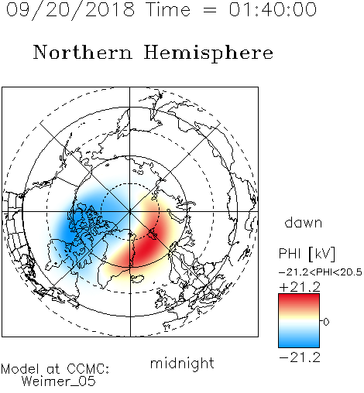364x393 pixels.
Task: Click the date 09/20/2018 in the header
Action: click(70, 10)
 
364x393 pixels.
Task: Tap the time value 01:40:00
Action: click(273, 10)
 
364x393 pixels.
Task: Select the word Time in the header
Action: click(168, 10)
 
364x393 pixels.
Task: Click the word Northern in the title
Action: click(83, 52)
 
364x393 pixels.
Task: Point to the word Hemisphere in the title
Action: click(208, 53)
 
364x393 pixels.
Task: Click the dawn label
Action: click(304, 222)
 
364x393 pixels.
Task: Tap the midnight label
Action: click(182, 364)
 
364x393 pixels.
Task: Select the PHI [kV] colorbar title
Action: click(307, 254)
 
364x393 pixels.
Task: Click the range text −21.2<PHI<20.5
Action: click(321, 272)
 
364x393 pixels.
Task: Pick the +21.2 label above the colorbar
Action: click(300, 287)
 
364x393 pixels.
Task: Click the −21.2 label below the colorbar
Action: click(300, 357)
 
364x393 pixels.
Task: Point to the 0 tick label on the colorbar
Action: click(326, 322)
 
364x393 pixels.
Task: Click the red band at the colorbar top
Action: click(299, 299)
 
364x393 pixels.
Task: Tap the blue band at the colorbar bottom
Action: click(299, 342)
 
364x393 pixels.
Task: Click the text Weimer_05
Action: click(59, 381)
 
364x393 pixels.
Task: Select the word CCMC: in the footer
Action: click(88, 369)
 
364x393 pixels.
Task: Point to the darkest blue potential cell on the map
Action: click(67, 231)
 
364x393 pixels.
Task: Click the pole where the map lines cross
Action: click(130, 211)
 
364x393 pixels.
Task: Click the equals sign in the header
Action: click(210, 10)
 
